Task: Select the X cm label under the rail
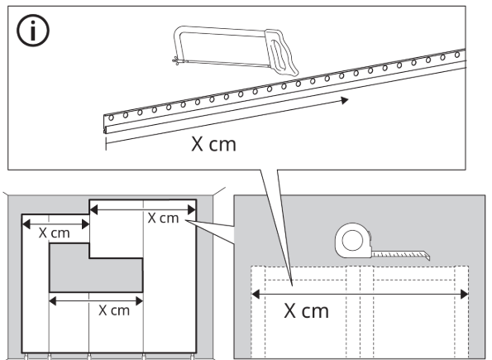click(213, 144)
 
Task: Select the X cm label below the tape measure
click(306, 311)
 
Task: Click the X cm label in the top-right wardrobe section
click(163, 218)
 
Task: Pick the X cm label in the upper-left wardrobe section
click(55, 233)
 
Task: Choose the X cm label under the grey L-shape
click(114, 310)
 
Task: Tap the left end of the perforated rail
click(106, 125)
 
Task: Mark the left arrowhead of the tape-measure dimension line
click(256, 293)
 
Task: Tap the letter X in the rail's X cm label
click(198, 144)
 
